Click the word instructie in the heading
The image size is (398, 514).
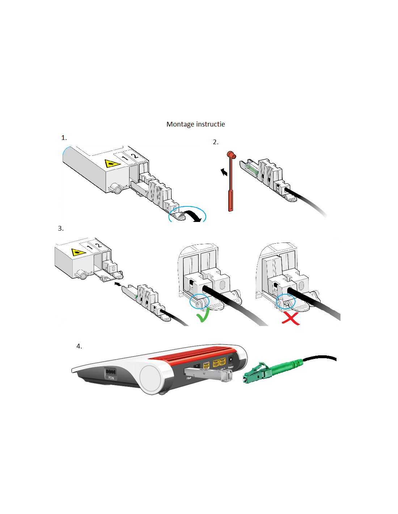[x=211, y=124]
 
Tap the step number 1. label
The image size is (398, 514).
[x=64, y=138]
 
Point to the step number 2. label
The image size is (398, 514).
[x=216, y=142]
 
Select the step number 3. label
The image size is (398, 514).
[x=61, y=228]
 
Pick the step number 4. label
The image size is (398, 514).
[x=79, y=346]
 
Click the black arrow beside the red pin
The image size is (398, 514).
[x=224, y=172]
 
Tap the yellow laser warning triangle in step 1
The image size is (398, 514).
[x=112, y=163]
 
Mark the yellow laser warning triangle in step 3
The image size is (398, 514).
[x=78, y=252]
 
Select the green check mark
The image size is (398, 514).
[x=202, y=317]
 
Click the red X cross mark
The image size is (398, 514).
[x=291, y=318]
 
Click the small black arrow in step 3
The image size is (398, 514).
[x=117, y=284]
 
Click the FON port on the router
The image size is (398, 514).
[x=110, y=373]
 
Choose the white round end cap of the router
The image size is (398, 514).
[x=150, y=379]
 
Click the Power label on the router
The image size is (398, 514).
[x=231, y=367]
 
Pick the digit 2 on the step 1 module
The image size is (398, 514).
[x=134, y=156]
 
